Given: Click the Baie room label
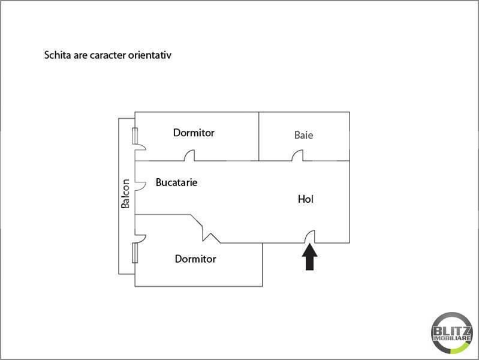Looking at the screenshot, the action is (304, 135).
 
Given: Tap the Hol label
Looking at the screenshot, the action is (306, 199).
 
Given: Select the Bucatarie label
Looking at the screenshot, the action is (177, 182).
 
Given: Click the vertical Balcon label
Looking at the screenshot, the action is (125, 194).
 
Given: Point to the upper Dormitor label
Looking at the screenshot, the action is (194, 133).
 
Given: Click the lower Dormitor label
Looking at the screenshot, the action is (195, 259).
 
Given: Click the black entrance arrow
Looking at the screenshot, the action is (309, 257).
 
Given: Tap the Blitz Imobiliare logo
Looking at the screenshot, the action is (452, 333).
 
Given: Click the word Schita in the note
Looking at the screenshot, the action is (58, 55).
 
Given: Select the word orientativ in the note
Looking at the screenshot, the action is (150, 55).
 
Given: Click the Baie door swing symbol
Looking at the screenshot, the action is (297, 155).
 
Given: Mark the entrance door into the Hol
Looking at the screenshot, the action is (309, 237).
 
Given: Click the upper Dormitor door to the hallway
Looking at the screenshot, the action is (189, 155).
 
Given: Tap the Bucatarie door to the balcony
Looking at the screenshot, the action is (140, 185).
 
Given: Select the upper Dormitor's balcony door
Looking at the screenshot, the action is (140, 147).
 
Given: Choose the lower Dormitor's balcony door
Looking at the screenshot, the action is (140, 238).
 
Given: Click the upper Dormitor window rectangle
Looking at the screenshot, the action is (135, 136).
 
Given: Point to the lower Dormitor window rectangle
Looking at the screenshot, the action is (135, 253).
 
